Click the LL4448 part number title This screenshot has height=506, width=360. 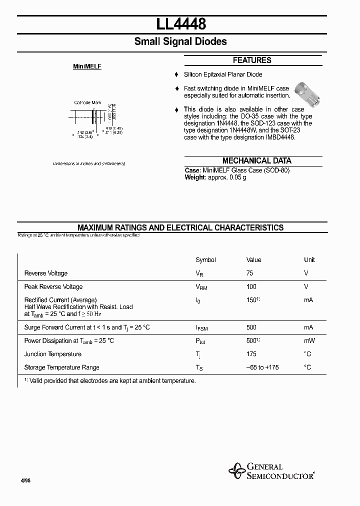pyautogui.click(x=180, y=23)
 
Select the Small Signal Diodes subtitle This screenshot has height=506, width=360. pyautogui.click(x=180, y=41)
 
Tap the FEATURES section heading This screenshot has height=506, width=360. pyautogui.click(x=252, y=60)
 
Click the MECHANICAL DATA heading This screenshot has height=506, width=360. pyautogui.click(x=256, y=160)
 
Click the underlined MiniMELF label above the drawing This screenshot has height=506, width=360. pyautogui.click(x=87, y=66)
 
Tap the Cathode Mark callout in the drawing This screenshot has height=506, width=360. pyautogui.click(x=87, y=102)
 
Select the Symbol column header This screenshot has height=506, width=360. pyautogui.click(x=205, y=260)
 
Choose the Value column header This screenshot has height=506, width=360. pyautogui.click(x=253, y=260)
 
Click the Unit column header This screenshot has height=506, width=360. pyautogui.click(x=309, y=260)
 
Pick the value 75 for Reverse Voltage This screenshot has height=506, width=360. pyautogui.click(x=250, y=273)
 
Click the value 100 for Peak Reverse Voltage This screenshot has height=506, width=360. pyautogui.click(x=251, y=286)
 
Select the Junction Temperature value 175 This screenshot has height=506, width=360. pyautogui.click(x=251, y=354)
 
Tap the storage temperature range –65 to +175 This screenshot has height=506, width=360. pyautogui.click(x=262, y=367)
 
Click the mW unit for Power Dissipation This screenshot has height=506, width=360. pyautogui.click(x=308, y=341)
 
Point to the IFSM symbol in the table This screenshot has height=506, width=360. pyautogui.click(x=202, y=328)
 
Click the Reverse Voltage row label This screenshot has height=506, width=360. pyautogui.click(x=46, y=273)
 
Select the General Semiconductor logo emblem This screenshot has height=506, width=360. pyautogui.click(x=236, y=470)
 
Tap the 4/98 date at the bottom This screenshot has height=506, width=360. pyautogui.click(x=26, y=480)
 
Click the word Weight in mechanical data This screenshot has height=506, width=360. pyautogui.click(x=194, y=177)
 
